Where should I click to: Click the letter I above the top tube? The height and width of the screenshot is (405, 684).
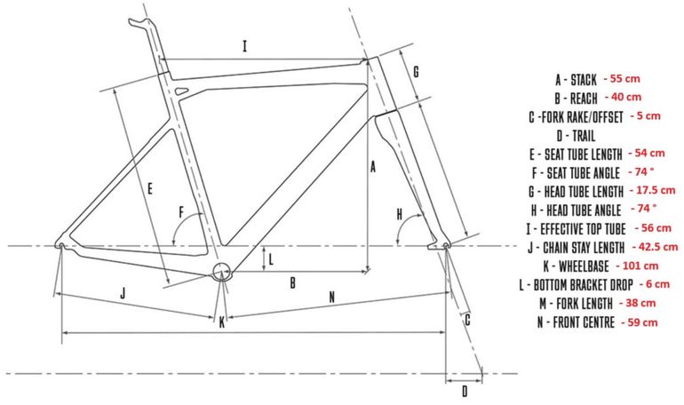[x=244, y=46]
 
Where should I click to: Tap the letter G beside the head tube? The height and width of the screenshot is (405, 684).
[x=416, y=71]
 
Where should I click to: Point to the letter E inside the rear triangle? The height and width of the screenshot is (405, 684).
[x=150, y=188]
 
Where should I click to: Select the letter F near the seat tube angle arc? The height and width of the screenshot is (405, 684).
[x=182, y=213]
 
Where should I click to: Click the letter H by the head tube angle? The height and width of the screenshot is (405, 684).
[x=400, y=214]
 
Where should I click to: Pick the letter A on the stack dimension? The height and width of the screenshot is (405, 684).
[x=373, y=167]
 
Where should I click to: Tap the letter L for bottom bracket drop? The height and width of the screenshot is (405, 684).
[x=271, y=260]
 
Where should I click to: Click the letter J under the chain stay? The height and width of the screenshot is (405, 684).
[x=123, y=293]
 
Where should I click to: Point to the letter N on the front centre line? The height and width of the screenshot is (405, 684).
[x=332, y=298]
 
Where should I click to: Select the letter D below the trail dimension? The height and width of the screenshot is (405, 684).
[x=465, y=392]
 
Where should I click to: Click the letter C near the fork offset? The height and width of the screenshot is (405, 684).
[x=467, y=320]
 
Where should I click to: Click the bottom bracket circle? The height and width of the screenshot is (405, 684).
[x=221, y=272]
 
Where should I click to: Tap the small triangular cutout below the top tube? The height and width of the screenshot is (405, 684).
[x=180, y=91]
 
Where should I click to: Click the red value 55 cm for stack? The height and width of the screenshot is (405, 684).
[x=622, y=79]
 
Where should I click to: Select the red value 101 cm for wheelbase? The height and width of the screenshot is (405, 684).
[x=637, y=266]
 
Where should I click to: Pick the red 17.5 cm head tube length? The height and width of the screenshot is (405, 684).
[x=653, y=191]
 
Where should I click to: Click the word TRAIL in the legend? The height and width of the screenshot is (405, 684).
[x=584, y=136]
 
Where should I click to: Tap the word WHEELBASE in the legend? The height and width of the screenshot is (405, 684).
[x=584, y=266]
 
